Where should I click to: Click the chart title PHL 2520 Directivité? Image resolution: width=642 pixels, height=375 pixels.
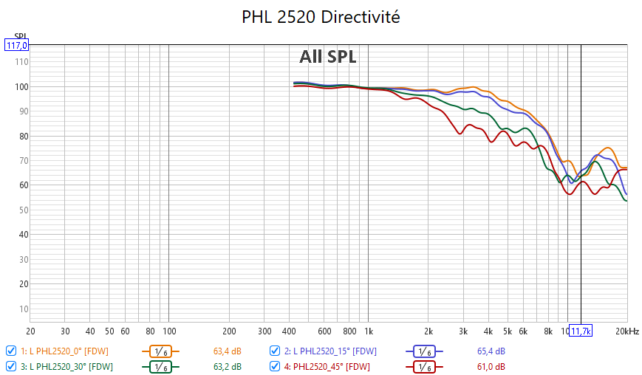321,17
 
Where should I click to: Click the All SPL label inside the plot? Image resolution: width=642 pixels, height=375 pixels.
327,57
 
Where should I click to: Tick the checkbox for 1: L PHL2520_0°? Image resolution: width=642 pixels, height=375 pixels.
10,351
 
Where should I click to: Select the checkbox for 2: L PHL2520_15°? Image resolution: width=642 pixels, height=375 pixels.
275,351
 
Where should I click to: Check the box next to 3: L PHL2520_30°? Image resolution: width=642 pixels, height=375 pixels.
10,365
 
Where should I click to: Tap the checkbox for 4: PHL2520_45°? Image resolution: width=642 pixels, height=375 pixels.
275,365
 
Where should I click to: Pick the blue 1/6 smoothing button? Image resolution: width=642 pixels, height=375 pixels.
424,351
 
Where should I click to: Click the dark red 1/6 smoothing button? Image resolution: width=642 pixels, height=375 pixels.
424,366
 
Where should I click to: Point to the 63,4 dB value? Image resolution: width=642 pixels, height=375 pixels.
226,351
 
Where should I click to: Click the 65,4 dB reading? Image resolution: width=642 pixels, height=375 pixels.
491,351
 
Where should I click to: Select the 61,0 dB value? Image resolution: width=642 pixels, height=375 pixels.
491,366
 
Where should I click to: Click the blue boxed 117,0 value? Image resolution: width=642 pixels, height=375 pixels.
16,45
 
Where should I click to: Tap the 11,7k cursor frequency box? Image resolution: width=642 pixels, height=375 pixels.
581,331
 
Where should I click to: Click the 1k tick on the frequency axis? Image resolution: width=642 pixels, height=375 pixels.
368,331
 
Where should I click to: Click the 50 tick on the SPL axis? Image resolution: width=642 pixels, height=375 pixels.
23,210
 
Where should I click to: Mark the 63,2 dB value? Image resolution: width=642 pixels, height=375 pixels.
226,366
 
